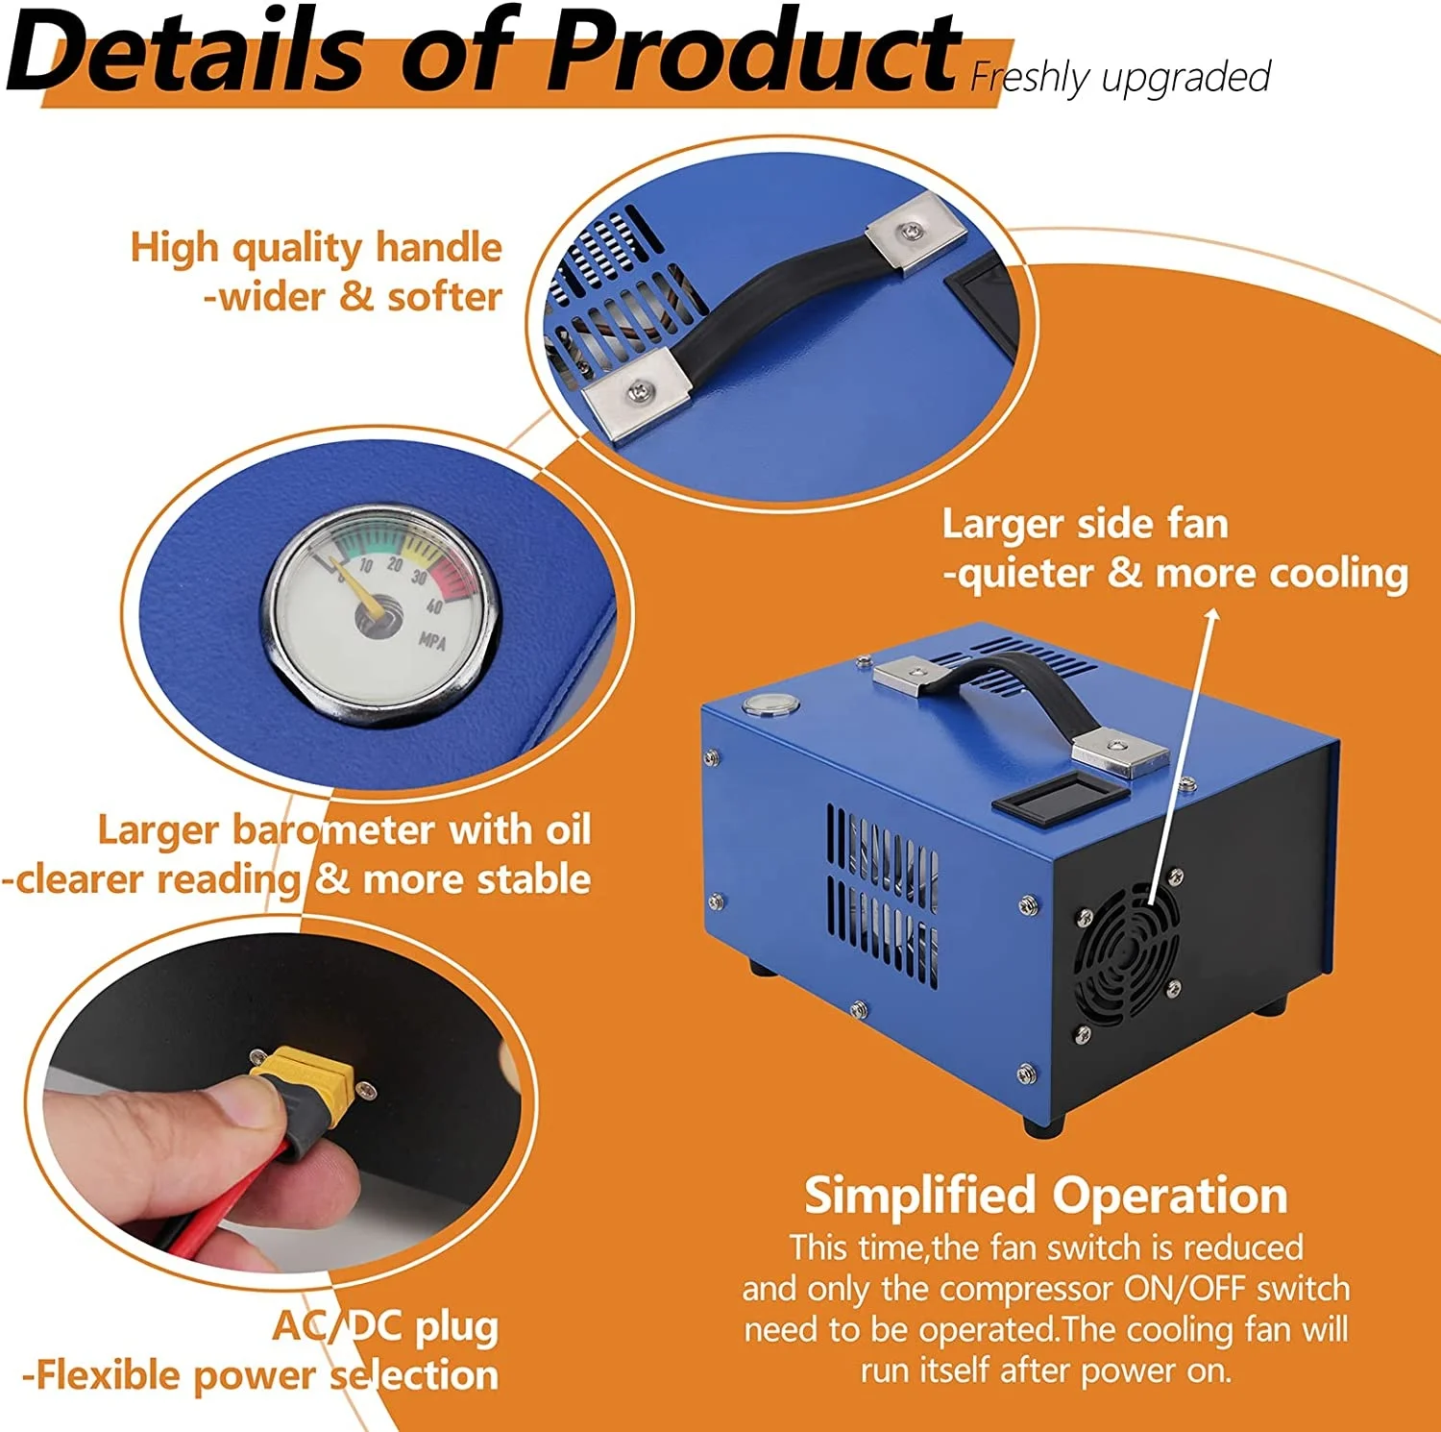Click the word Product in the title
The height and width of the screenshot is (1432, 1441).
point(754,50)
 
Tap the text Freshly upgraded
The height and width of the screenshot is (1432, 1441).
point(1120,77)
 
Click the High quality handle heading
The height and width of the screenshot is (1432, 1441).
point(316,247)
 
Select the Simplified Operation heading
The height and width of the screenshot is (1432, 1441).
point(1045,1195)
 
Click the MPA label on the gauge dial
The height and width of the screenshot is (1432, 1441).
point(432,639)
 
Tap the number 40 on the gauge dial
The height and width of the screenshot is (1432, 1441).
point(434,605)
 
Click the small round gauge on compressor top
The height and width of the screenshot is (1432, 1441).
point(770,705)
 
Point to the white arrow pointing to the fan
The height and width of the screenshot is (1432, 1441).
point(1182,750)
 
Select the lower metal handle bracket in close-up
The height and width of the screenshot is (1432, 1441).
point(638,390)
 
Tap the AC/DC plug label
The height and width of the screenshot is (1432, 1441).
point(385,1326)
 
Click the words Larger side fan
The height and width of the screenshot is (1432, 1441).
point(1085,525)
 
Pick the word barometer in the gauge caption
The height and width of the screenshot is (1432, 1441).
point(335,829)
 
